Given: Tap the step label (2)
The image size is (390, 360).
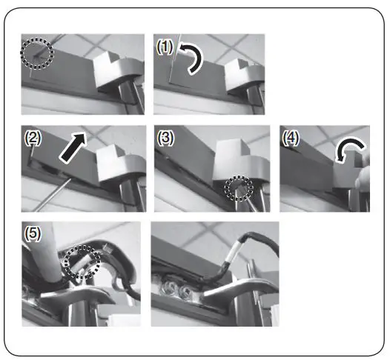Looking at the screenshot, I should (32, 138).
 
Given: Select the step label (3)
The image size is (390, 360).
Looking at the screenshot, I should (165, 138).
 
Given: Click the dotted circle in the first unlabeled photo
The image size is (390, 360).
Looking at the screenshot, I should (37, 53).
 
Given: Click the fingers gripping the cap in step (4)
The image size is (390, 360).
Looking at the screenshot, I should (363, 181).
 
